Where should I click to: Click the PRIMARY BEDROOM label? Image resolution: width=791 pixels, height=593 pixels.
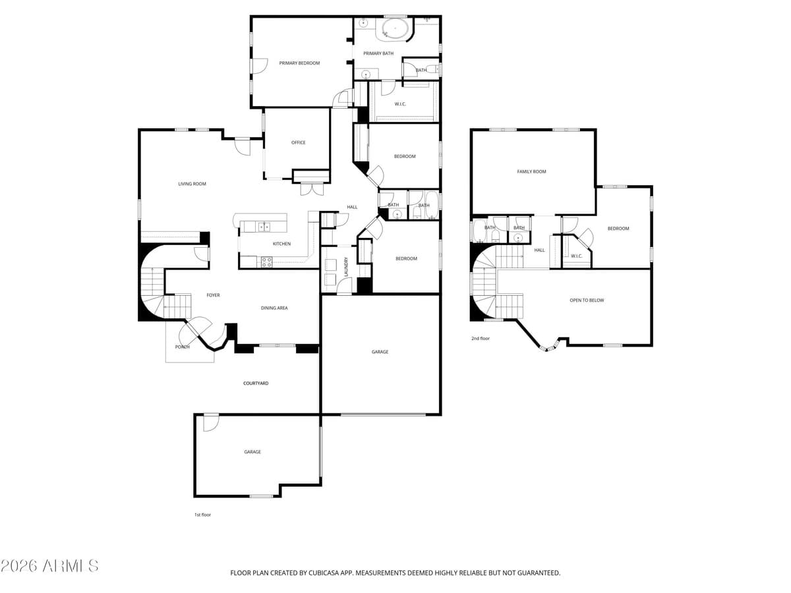pyautogui.click(x=299, y=63)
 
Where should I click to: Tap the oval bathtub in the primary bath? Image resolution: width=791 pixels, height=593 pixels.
pyautogui.click(x=395, y=29)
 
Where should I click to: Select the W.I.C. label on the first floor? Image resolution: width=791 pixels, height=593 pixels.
pyautogui.click(x=400, y=104)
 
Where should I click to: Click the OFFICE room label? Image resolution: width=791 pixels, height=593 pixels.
pyautogui.click(x=298, y=142)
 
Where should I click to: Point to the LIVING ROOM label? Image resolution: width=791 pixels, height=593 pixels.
pyautogui.click(x=192, y=184)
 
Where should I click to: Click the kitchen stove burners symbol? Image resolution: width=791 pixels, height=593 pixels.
pyautogui.click(x=267, y=262)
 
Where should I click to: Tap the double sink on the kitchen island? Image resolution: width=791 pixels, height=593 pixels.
pyautogui.click(x=264, y=227)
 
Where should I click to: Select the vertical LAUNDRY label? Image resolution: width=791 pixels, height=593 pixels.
pyautogui.click(x=346, y=266)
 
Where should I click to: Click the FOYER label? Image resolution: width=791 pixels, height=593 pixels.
pyautogui.click(x=213, y=295)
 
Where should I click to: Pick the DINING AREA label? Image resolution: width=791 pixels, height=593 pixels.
pyautogui.click(x=274, y=308)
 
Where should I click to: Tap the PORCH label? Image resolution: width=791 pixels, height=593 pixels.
pyautogui.click(x=183, y=347)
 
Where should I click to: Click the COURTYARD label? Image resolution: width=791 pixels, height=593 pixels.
pyautogui.click(x=256, y=383)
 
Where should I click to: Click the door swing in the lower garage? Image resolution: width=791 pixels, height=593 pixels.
pyautogui.click(x=211, y=422)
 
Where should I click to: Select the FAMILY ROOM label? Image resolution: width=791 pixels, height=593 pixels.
pyautogui.click(x=531, y=171)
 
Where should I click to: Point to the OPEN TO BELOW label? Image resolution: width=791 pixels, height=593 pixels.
pyautogui.click(x=587, y=300)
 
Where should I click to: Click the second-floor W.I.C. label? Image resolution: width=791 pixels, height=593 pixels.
pyautogui.click(x=576, y=256)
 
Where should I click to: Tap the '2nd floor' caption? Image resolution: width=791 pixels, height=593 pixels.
pyautogui.click(x=481, y=338)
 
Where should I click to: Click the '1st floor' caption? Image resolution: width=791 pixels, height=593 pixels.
pyautogui.click(x=202, y=515)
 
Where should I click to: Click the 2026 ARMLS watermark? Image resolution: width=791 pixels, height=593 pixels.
pyautogui.click(x=49, y=566)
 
